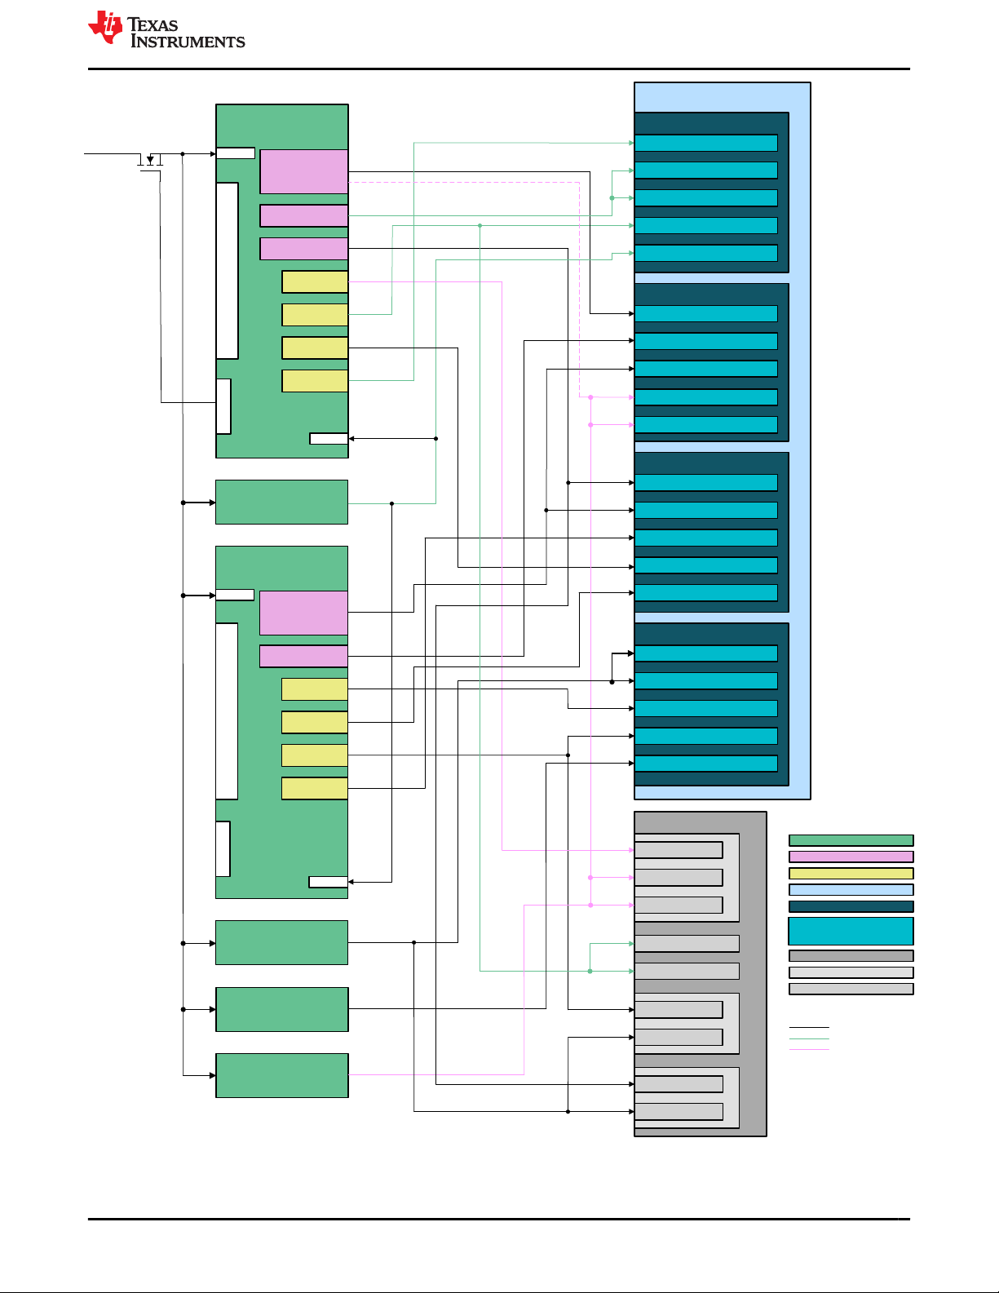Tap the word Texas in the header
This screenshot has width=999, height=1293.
(153, 24)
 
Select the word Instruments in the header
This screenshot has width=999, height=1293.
(188, 42)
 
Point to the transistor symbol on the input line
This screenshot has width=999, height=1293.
(150, 160)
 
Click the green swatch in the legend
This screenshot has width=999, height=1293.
(851, 840)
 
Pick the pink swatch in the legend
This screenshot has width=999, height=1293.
(851, 857)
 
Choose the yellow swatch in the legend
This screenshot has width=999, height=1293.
(851, 873)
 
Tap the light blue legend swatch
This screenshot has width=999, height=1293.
(851, 890)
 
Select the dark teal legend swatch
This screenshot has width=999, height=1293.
(851, 906)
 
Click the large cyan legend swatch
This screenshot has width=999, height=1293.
(851, 931)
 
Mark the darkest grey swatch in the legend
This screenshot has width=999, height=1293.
(851, 955)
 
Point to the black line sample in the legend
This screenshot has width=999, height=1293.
(809, 1027)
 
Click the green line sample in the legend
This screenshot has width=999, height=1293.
(809, 1038)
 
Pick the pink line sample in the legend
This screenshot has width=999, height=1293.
(809, 1049)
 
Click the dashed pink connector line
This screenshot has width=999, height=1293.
(489, 183)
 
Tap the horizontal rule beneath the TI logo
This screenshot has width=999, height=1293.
(498, 69)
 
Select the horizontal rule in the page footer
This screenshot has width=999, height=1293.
(498, 1219)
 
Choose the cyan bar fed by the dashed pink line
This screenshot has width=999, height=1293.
(705, 397)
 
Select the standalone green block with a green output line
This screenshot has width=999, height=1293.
(281, 503)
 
